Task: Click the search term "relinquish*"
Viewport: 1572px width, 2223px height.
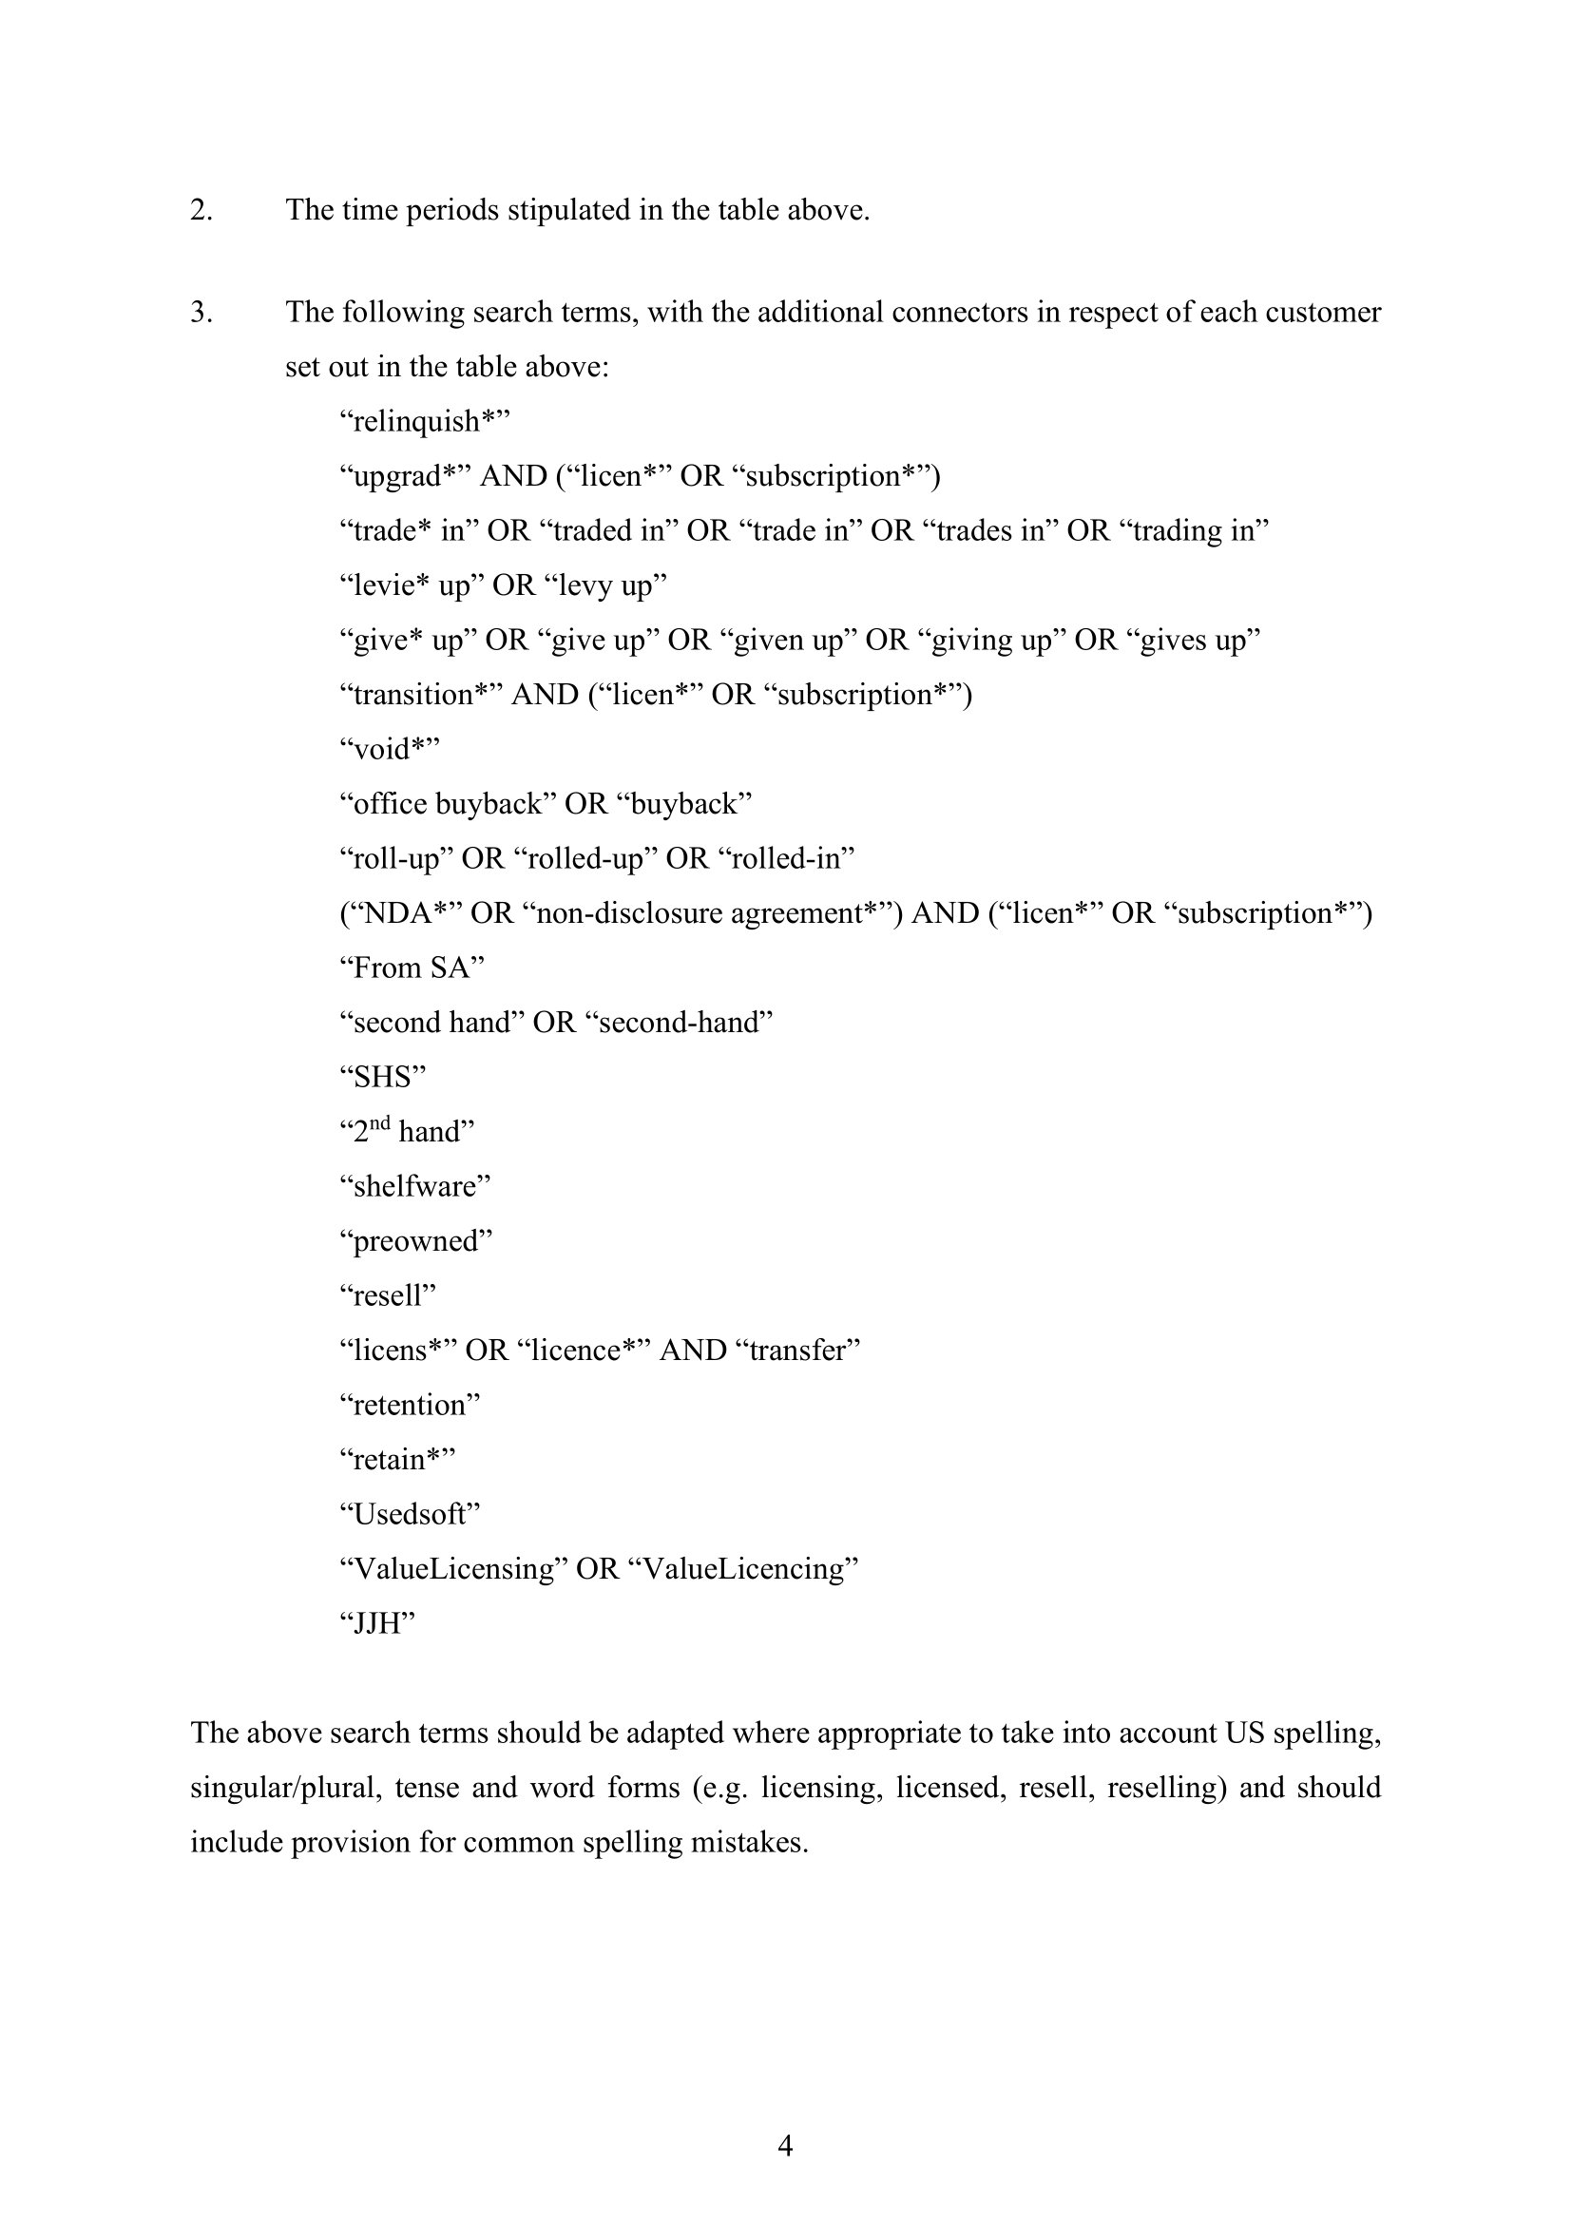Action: click(x=424, y=421)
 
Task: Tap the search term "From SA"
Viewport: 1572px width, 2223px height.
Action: click(x=412, y=968)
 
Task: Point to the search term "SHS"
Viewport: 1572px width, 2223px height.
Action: click(x=383, y=1077)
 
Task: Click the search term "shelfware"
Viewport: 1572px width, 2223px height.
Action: click(x=415, y=1186)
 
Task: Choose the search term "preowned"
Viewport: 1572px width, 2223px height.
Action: click(x=416, y=1241)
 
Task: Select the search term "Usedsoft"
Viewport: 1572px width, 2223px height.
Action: click(x=410, y=1514)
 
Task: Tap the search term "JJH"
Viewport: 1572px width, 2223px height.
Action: click(x=377, y=1623)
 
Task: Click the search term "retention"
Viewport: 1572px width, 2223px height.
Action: click(x=410, y=1405)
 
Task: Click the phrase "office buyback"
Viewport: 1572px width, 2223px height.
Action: click(x=441, y=804)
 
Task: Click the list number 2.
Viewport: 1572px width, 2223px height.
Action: click(x=201, y=210)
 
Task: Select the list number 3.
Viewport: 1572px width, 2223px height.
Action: click(x=201, y=313)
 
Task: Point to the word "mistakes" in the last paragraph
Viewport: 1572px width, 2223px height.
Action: click(x=748, y=1842)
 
